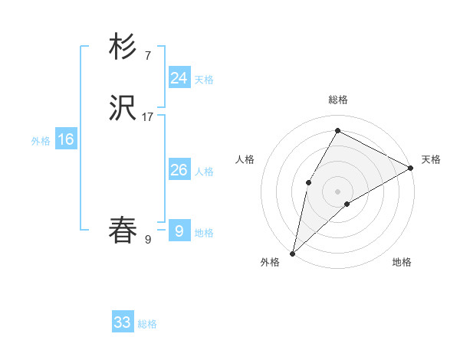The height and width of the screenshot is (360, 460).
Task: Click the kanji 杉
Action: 123,47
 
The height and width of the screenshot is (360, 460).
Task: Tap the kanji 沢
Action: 123,109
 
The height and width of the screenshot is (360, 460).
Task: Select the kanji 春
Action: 123,231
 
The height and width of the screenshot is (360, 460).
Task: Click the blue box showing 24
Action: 179,78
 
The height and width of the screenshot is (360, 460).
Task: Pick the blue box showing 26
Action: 179,170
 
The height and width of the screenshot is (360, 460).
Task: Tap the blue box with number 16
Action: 66,139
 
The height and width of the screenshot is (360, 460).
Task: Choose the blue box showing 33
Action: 123,322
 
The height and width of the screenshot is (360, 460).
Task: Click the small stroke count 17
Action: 148,117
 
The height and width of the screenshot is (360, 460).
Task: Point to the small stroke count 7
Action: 147,56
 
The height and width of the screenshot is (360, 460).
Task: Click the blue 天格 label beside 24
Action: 204,80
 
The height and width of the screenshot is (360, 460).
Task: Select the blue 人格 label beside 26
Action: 204,172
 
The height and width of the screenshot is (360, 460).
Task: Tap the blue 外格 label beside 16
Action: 41,141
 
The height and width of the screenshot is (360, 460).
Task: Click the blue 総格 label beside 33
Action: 147,324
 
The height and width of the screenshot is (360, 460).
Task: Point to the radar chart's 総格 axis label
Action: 337,100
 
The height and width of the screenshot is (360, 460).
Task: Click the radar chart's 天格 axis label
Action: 431,159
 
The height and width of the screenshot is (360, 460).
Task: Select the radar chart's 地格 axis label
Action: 402,262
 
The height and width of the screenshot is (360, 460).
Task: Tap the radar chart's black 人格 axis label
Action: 245,159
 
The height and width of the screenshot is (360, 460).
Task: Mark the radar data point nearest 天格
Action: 411,168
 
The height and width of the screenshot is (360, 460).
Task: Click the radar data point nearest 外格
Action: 292,253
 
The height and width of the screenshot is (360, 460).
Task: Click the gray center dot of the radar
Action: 337,191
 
